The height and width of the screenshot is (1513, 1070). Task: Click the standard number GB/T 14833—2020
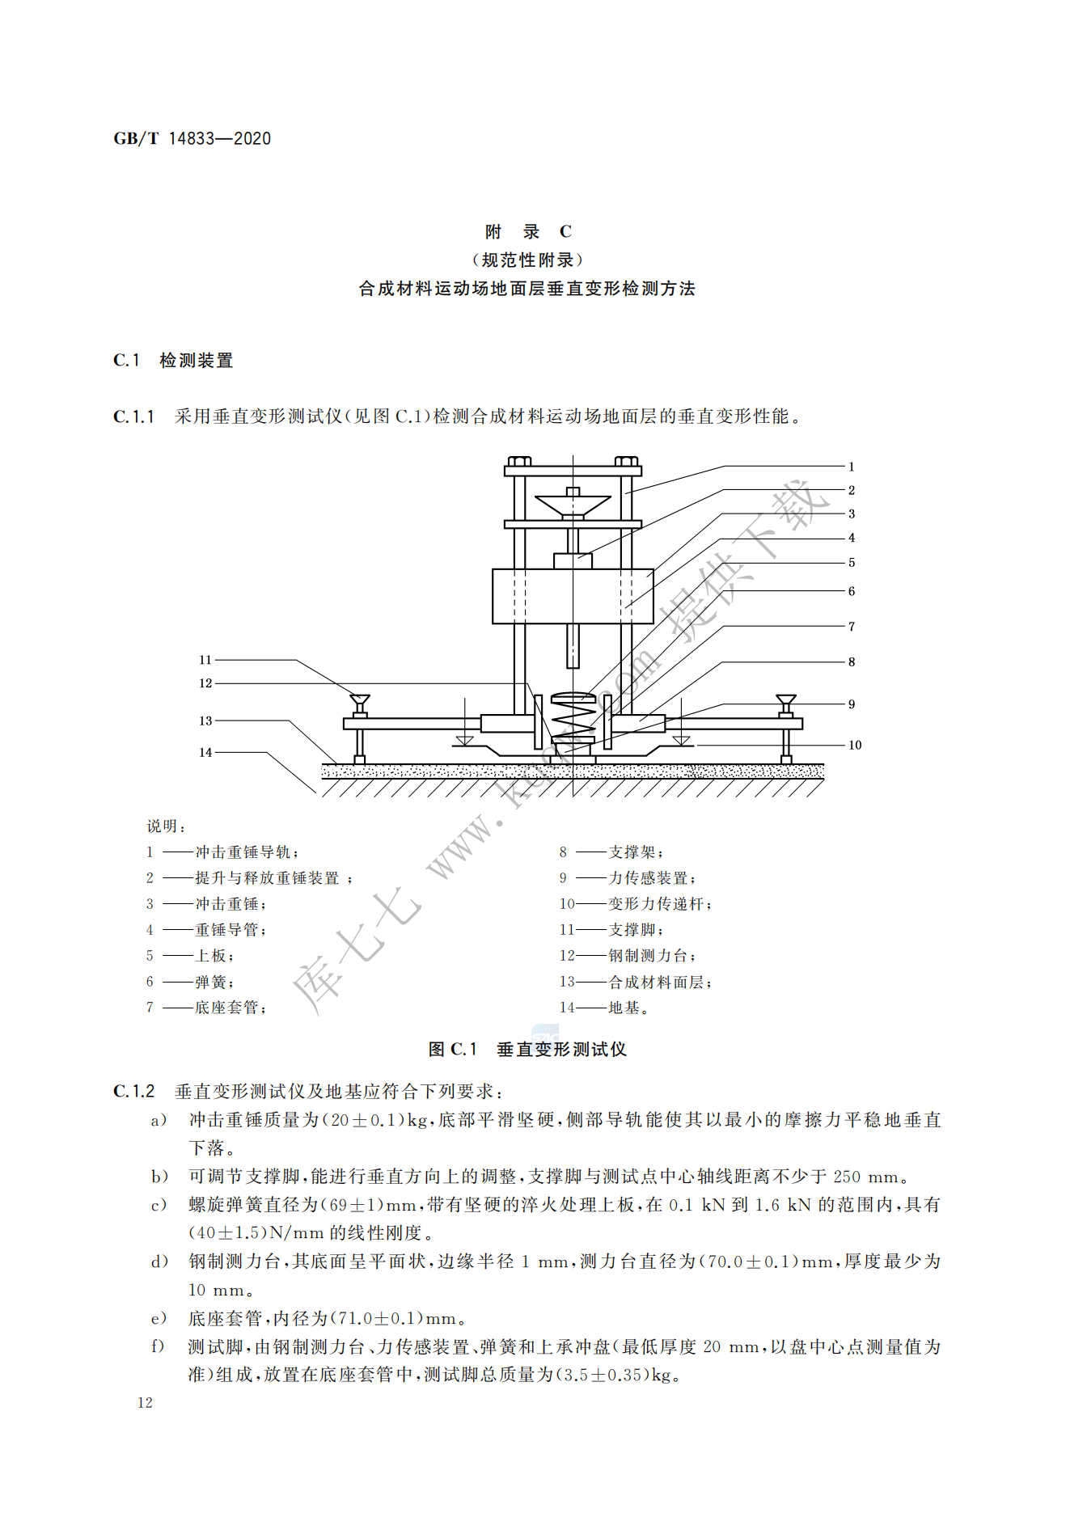[x=192, y=138]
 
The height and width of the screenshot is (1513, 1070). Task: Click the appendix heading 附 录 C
[x=528, y=232]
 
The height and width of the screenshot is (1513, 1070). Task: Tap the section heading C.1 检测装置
[x=173, y=361]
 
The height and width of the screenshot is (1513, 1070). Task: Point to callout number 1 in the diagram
[x=851, y=467]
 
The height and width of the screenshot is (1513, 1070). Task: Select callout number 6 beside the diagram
[x=851, y=591]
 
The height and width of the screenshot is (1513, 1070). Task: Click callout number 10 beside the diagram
[x=855, y=745]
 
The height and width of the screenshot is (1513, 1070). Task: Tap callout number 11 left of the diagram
[x=205, y=660]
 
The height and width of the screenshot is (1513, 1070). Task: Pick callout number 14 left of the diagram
[x=205, y=752]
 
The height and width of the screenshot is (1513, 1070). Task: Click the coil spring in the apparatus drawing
[x=573, y=714]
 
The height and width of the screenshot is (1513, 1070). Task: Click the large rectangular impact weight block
[x=573, y=596]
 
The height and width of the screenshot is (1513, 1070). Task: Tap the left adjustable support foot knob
[x=360, y=703]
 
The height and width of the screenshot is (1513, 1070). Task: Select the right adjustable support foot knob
[x=785, y=703]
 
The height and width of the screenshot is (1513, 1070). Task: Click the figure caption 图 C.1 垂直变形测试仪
[x=527, y=1050]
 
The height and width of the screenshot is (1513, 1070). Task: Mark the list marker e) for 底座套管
[x=159, y=1319]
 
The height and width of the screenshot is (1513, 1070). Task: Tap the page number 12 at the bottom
[x=145, y=1403]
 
